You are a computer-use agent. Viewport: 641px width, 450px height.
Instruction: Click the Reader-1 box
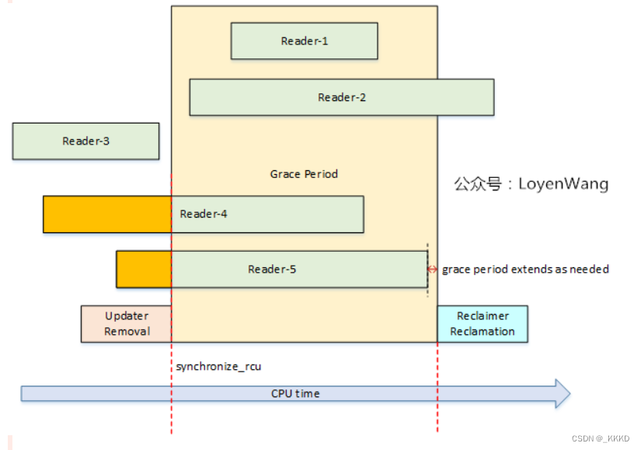pos(304,41)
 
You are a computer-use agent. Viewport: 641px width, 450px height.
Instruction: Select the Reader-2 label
pos(342,98)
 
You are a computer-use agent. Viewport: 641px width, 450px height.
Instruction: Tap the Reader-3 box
pos(85,141)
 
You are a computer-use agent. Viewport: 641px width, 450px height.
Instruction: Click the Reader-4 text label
pos(204,214)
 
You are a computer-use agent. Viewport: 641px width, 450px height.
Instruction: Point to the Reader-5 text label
pos(272,270)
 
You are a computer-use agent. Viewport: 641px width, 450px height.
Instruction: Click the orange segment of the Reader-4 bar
pos(106,215)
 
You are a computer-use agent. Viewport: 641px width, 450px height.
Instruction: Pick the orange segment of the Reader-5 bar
pos(143,269)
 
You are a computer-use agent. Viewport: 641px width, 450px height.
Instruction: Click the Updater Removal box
pos(127,324)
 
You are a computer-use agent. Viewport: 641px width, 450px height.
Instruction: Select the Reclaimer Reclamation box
pos(482,324)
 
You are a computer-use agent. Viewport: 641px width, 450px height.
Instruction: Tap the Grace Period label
pos(304,174)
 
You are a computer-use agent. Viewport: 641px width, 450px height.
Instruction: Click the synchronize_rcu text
pos(213,366)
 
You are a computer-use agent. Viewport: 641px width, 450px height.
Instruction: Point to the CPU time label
pos(295,393)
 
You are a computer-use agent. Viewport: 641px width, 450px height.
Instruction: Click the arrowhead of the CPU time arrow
pos(561,393)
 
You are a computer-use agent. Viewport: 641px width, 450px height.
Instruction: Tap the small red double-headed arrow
pos(433,270)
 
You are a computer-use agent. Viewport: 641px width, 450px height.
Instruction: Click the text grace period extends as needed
pos(525,270)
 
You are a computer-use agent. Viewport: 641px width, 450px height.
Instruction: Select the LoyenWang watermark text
pos(531,184)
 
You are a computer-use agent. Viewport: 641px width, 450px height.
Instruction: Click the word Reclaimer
pos(482,316)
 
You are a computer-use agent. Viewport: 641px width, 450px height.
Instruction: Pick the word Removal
pos(127,332)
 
